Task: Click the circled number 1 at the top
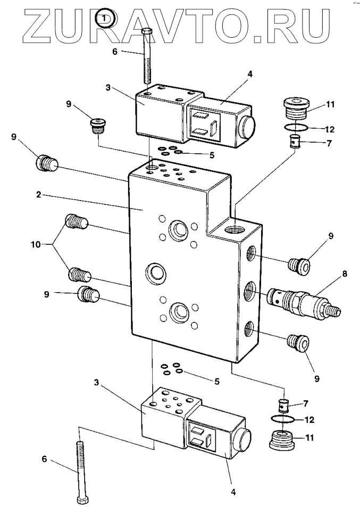tap(105, 18)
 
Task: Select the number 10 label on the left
tap(35, 245)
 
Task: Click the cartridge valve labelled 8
tap(303, 302)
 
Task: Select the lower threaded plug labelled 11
tap(282, 440)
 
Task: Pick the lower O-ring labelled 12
tap(282, 419)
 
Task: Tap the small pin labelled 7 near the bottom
tap(282, 405)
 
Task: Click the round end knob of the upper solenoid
tap(246, 128)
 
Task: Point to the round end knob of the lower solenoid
tap(242, 441)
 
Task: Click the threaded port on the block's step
tap(236, 229)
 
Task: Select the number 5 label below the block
tap(216, 382)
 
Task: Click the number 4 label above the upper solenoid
tap(250, 74)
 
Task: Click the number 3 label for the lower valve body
tap(96, 383)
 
